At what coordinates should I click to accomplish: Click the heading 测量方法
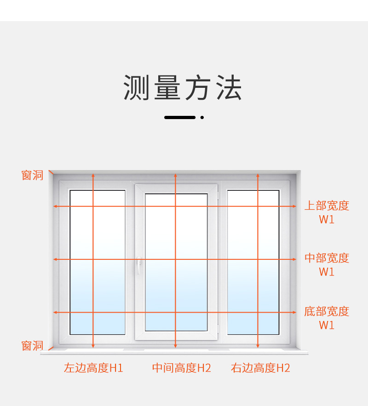[183, 88]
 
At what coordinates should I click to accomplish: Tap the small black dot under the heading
[202, 118]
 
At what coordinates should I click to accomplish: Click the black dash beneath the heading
[180, 118]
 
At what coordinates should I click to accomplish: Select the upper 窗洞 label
[32, 175]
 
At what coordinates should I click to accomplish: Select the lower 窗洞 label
[32, 346]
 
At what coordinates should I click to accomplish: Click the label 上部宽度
[327, 206]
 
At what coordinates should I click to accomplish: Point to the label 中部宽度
[327, 258]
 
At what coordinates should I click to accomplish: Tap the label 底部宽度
[327, 311]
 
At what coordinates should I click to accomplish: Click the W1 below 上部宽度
[327, 219]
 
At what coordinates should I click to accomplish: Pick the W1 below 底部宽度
[327, 325]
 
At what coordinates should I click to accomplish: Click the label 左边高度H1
[93, 368]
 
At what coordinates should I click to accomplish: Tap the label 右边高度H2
[260, 368]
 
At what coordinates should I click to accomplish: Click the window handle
[138, 265]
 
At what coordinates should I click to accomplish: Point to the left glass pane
[98, 262]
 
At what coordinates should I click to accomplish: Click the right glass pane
[253, 262]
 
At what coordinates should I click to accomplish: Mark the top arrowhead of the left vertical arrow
[93, 175]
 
